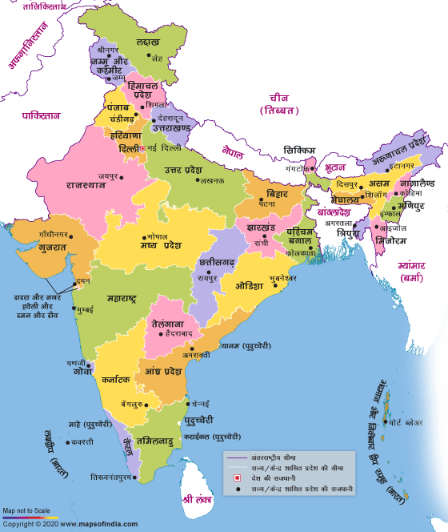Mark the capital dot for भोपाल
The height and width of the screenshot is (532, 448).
point(145,236)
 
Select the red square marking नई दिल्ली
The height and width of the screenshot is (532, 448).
point(145,149)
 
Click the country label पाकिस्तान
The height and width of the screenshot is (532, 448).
point(41,115)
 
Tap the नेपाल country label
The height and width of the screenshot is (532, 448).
point(234,151)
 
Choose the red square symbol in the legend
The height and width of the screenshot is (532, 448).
point(237,478)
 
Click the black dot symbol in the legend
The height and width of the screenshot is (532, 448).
point(237,488)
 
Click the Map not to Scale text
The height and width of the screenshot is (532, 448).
point(26,510)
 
